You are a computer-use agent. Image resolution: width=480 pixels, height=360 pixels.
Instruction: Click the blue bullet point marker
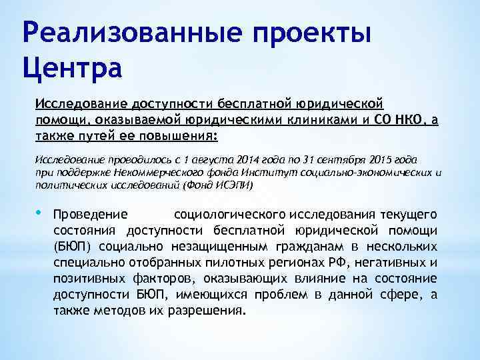pos(39,213)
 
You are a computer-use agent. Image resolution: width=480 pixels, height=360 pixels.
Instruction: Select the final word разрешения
pos(211,311)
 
